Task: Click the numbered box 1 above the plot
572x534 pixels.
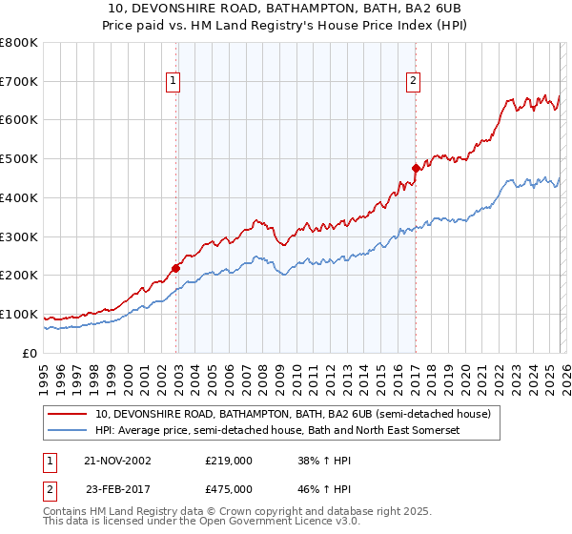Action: pyautogui.click(x=173, y=82)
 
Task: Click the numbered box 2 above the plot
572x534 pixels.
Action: pyautogui.click(x=413, y=82)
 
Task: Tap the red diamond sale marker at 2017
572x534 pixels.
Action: pyautogui.click(x=416, y=168)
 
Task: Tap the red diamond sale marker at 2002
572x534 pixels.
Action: pyautogui.click(x=176, y=268)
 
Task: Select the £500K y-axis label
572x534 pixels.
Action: pyautogui.click(x=19, y=159)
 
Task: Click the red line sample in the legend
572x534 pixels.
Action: pyautogui.click(x=69, y=415)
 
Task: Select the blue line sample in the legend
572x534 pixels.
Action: pyautogui.click(x=69, y=431)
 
